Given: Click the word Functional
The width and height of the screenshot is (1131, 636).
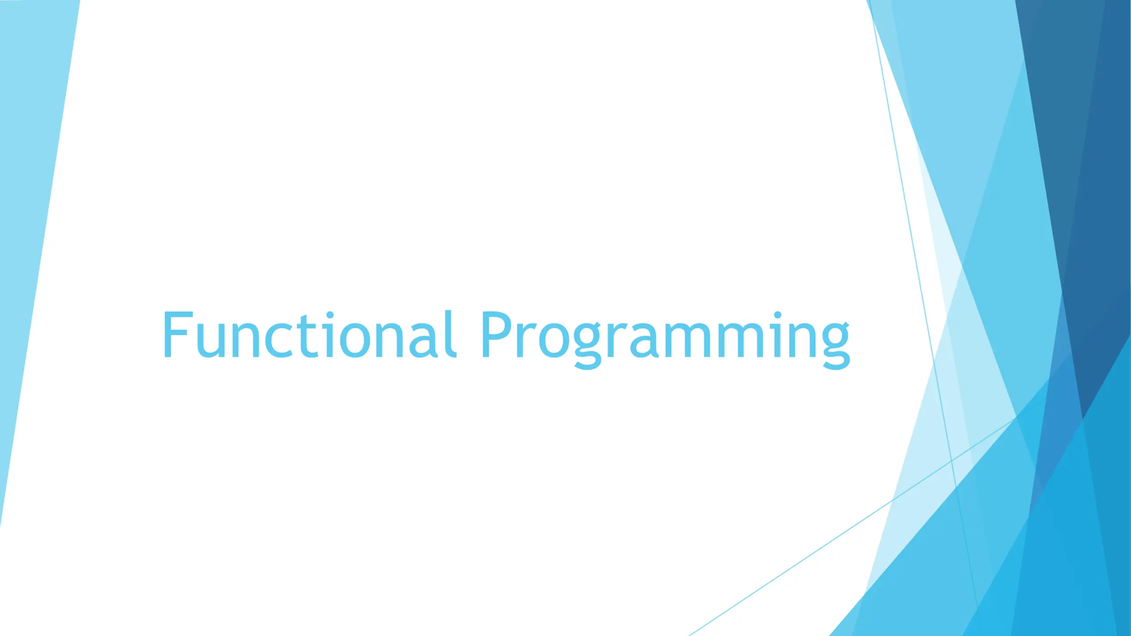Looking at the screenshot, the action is (309, 334).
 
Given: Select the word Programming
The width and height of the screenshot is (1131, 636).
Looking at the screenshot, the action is (666, 339).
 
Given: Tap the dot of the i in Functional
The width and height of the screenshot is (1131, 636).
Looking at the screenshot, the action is (330, 315).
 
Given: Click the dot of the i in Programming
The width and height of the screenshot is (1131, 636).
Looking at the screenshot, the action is (778, 315).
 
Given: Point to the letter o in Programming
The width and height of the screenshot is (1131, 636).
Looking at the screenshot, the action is (554, 340).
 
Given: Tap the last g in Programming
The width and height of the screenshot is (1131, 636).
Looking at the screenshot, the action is (836, 346).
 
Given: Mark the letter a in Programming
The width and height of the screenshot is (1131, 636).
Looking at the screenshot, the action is (644, 340).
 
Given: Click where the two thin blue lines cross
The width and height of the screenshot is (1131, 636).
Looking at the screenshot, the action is (951, 461).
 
